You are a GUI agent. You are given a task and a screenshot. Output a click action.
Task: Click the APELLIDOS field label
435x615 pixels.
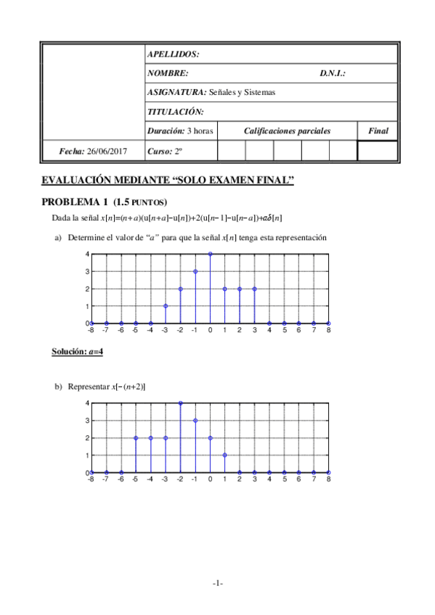click(x=173, y=54)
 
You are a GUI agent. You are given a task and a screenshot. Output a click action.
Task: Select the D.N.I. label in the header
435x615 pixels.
click(x=332, y=73)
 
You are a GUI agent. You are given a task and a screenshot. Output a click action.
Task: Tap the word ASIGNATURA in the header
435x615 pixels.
click(x=176, y=92)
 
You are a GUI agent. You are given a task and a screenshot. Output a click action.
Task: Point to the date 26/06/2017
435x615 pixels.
click(x=106, y=151)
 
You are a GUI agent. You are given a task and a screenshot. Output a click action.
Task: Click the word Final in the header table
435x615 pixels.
click(x=378, y=131)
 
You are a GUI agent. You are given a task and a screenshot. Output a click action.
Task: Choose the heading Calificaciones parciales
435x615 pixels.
click(x=287, y=131)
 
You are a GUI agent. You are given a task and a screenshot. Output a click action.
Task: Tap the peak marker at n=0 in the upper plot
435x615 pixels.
click(x=210, y=254)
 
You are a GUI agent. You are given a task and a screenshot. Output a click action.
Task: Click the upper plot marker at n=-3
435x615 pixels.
click(x=166, y=306)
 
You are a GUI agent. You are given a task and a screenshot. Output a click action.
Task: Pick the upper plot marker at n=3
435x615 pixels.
click(x=255, y=289)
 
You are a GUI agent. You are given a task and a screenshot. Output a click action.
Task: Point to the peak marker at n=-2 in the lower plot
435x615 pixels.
click(x=180, y=403)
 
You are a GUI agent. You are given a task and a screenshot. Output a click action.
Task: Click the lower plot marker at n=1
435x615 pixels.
click(x=225, y=455)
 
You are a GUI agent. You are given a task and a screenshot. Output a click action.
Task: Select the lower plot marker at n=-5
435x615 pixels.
click(x=136, y=437)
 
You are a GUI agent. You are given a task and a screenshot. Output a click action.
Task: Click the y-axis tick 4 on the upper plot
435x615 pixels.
click(x=86, y=254)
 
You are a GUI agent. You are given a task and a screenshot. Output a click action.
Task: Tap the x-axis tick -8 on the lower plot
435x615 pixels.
click(x=91, y=479)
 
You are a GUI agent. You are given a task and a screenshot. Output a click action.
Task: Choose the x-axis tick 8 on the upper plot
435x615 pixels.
click(x=329, y=331)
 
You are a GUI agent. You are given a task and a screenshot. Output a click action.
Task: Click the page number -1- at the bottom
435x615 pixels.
click(x=218, y=584)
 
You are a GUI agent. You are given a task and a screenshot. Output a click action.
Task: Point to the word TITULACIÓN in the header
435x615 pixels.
click(x=175, y=112)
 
